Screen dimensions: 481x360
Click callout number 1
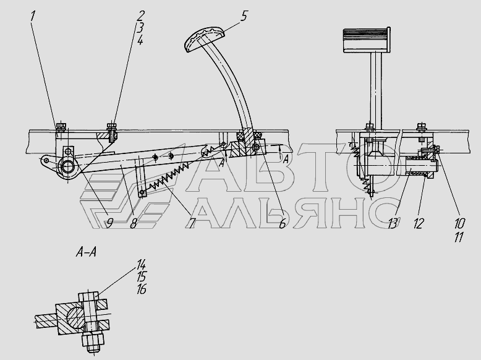[x=33, y=16]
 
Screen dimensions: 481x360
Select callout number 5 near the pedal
[x=244, y=16]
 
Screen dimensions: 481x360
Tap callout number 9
[x=109, y=223]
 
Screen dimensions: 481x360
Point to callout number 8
[x=133, y=223]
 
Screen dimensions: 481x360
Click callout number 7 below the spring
[x=192, y=223]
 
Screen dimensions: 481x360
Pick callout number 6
[x=282, y=223]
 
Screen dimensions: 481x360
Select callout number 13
[x=393, y=223]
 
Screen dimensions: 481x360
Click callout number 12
[x=419, y=223]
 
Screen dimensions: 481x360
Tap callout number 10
[x=459, y=223]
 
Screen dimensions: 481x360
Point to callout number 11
[x=459, y=237]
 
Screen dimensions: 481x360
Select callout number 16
[x=141, y=289]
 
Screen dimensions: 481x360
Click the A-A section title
[x=86, y=252]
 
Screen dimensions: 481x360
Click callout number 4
[x=140, y=40]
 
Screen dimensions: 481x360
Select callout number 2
[x=141, y=16]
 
